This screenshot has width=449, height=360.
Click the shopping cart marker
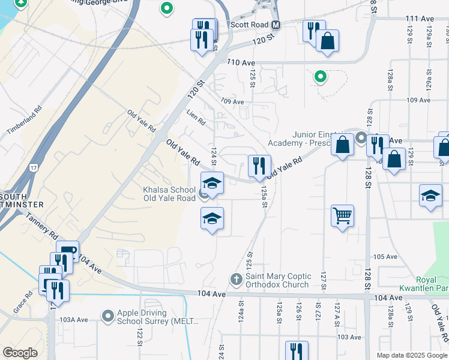[342, 215]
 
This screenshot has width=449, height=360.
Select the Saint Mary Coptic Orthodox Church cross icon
[237, 280]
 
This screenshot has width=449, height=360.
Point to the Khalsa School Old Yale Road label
[169, 194]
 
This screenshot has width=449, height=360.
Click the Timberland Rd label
[24, 121]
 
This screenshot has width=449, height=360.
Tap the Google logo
[20, 353]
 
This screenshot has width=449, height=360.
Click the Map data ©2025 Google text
[411, 355]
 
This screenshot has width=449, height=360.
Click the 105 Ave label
[385, 257]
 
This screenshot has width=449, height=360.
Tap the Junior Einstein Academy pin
[361, 138]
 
